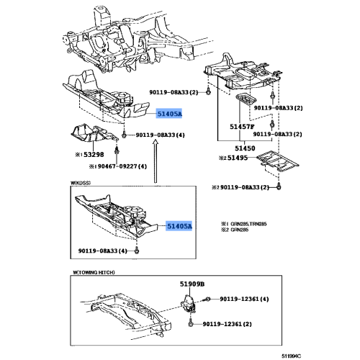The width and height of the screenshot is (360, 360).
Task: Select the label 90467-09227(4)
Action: (x=118, y=166)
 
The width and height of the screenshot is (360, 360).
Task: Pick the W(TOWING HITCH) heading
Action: (x=95, y=271)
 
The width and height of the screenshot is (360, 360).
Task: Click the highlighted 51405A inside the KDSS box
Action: (x=180, y=226)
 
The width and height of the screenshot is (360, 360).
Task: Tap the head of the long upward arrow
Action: (x=155, y=146)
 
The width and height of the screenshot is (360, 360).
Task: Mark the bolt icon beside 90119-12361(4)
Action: (x=207, y=298)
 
